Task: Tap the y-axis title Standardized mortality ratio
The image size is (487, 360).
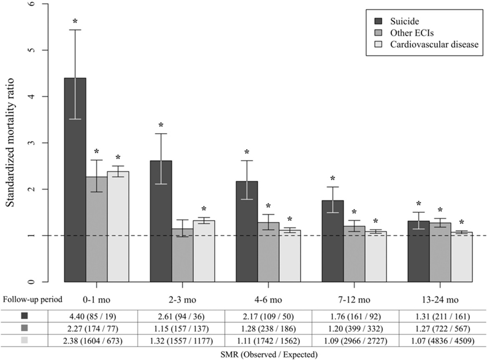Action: [x=11, y=143]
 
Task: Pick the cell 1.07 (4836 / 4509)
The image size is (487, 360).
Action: [x=437, y=340]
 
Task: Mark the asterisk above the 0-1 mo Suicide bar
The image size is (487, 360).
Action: [x=75, y=21]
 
